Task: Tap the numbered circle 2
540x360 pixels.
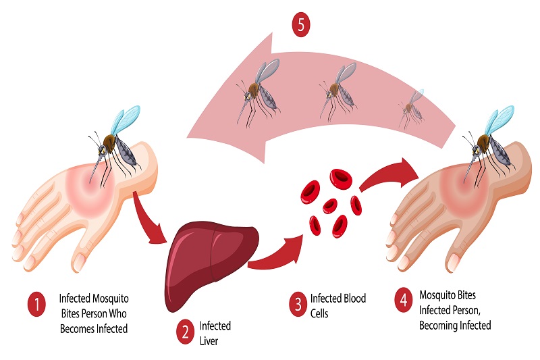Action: click(x=184, y=332)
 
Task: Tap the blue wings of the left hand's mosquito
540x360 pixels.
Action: click(x=126, y=121)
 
